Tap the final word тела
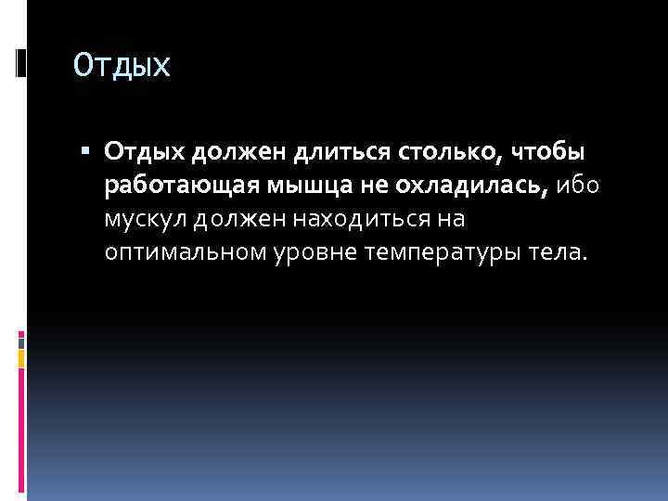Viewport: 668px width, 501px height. [555, 253]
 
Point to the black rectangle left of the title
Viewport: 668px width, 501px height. [20, 63]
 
